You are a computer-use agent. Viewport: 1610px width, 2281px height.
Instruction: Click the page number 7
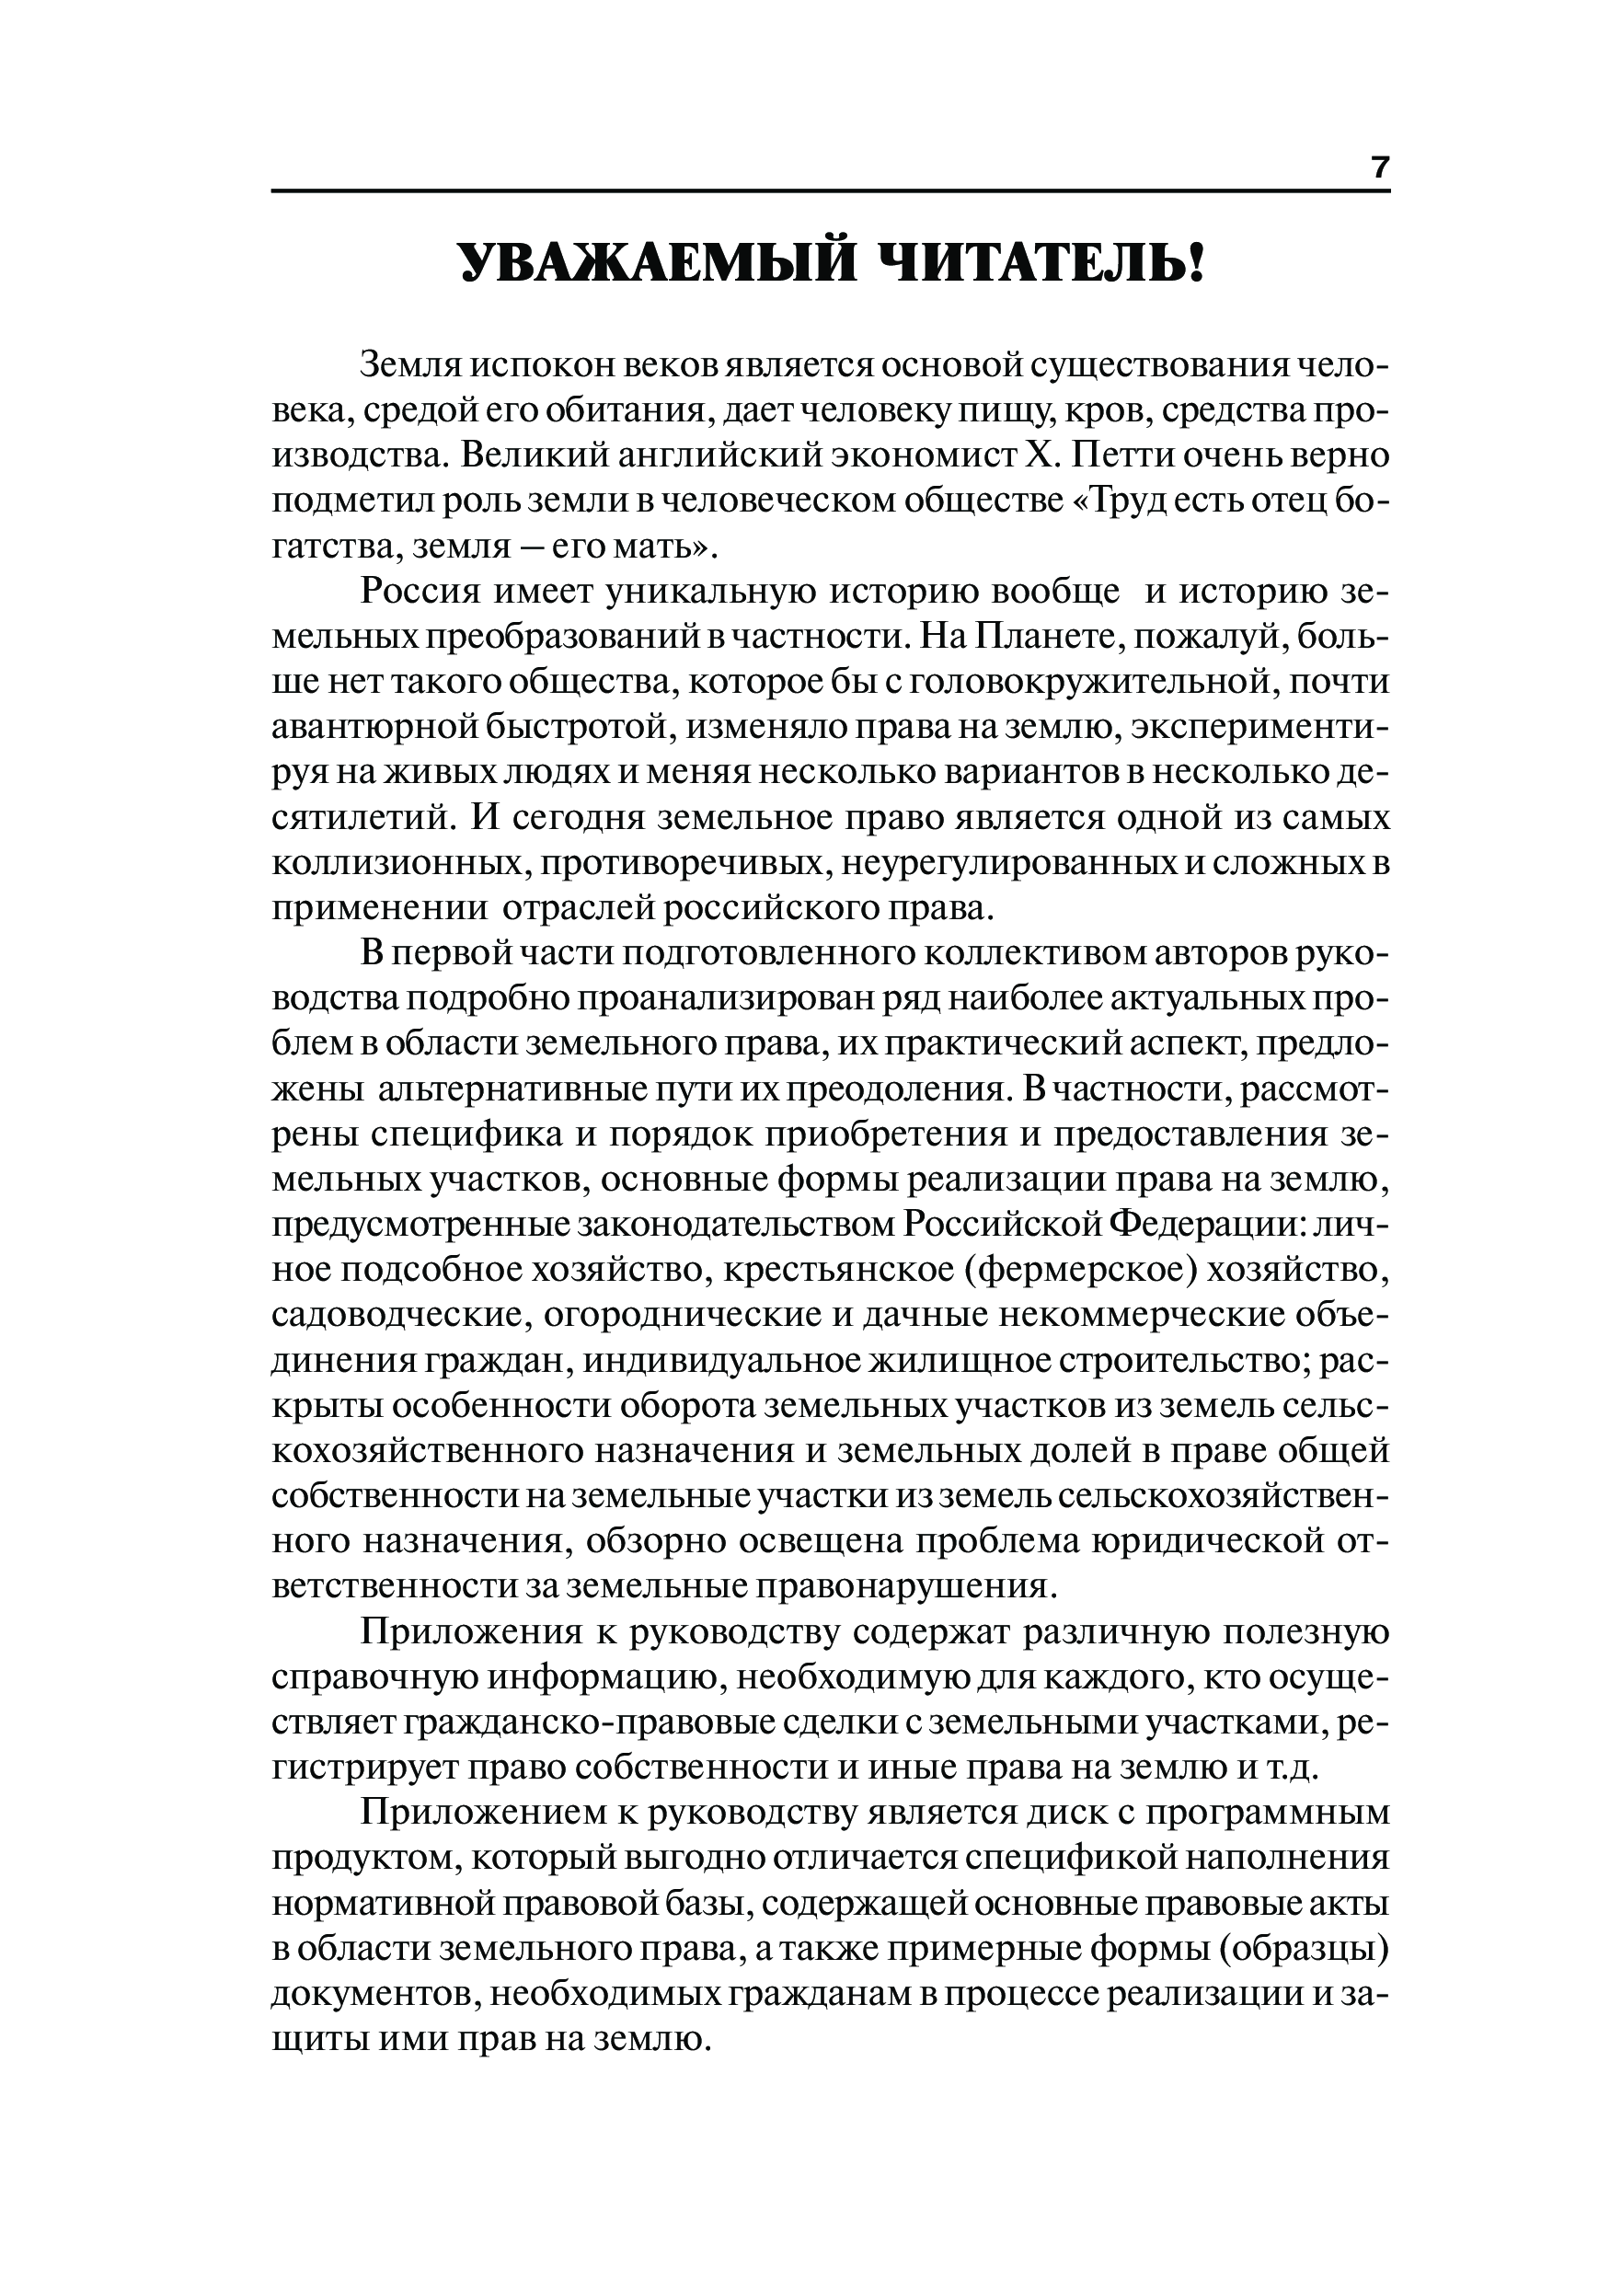[1380, 167]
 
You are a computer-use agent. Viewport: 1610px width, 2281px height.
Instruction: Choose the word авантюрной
[374, 728]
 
